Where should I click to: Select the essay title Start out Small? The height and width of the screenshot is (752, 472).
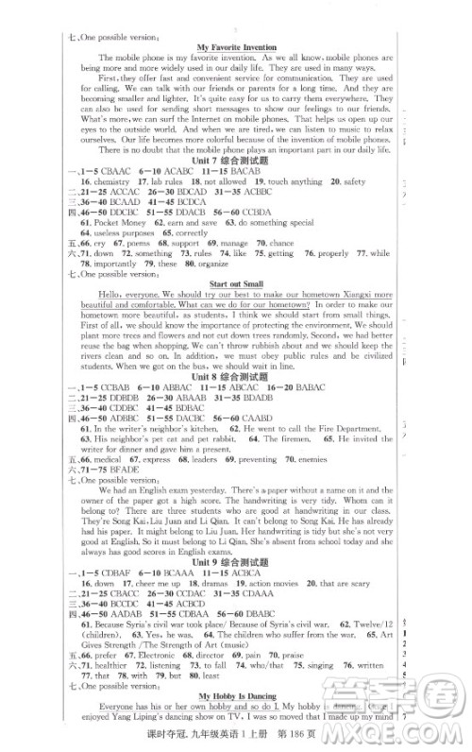tap(238, 282)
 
